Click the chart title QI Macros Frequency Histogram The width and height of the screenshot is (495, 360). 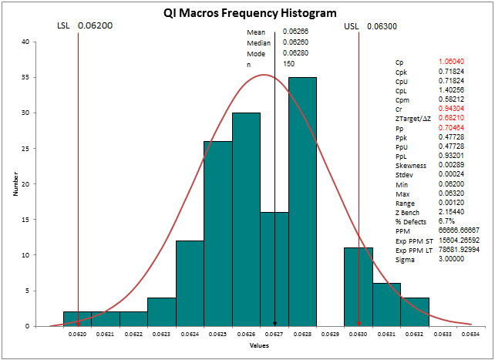[x=251, y=13]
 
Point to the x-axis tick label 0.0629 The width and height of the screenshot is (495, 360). [x=330, y=335]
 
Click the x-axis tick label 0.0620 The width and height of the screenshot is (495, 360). [x=77, y=335]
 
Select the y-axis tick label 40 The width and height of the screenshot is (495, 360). [x=25, y=42]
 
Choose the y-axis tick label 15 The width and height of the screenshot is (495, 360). [x=25, y=220]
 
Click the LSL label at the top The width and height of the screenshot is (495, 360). [x=64, y=26]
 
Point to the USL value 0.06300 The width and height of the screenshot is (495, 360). [x=382, y=26]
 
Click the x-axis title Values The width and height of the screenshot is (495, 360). [x=259, y=346]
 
